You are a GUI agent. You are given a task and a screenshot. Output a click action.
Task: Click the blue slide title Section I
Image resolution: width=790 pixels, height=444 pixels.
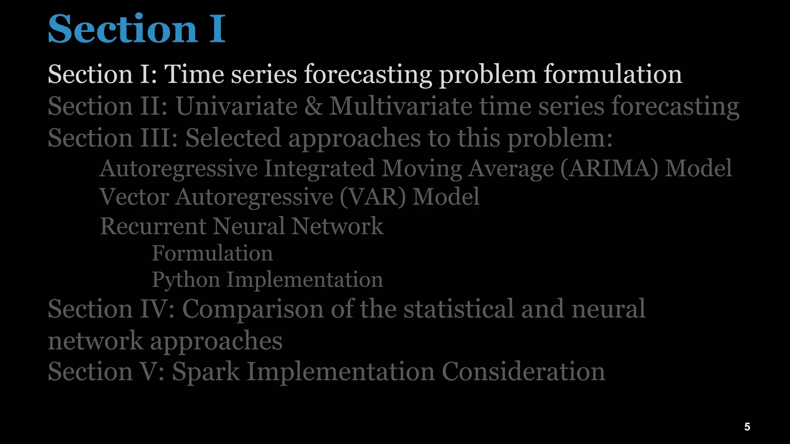click(x=137, y=29)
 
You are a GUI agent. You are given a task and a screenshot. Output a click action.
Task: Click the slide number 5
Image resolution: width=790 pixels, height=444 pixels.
click(x=747, y=427)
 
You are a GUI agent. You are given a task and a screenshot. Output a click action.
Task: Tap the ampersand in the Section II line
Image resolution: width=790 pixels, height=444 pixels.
click(x=313, y=106)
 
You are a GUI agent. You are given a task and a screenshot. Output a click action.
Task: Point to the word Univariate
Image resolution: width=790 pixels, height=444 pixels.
click(x=236, y=106)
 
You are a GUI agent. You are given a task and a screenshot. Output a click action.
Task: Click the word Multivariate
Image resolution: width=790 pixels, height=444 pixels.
click(x=400, y=106)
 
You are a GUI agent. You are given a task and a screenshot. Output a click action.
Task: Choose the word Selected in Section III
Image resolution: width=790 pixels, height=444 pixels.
click(x=233, y=138)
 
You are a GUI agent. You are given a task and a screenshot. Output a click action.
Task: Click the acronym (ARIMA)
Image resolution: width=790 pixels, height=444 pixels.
click(x=609, y=168)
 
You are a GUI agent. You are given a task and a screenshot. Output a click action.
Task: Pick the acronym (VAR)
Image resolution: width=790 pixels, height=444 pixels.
click(x=373, y=197)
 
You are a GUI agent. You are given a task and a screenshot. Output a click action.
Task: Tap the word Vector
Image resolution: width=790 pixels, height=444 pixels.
click(x=134, y=197)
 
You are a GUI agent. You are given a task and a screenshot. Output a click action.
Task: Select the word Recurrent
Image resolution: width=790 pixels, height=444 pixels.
click(x=153, y=226)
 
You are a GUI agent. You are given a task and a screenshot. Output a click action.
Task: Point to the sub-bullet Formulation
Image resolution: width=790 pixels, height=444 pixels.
click(x=212, y=253)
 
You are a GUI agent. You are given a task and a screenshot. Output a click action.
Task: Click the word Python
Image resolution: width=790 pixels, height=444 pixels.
click(x=186, y=280)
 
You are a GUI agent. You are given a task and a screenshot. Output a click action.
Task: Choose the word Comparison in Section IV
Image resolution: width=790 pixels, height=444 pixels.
click(x=253, y=309)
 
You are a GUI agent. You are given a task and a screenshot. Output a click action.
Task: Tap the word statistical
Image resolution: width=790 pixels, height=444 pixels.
click(x=459, y=309)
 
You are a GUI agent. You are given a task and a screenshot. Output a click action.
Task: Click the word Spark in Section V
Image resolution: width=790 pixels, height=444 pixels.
click(x=206, y=372)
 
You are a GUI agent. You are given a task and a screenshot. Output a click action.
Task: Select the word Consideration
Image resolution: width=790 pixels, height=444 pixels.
click(x=523, y=372)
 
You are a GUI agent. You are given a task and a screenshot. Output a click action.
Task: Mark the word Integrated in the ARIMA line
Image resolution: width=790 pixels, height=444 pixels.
click(x=319, y=168)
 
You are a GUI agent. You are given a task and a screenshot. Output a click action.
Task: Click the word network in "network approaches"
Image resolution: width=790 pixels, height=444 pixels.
click(x=95, y=341)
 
